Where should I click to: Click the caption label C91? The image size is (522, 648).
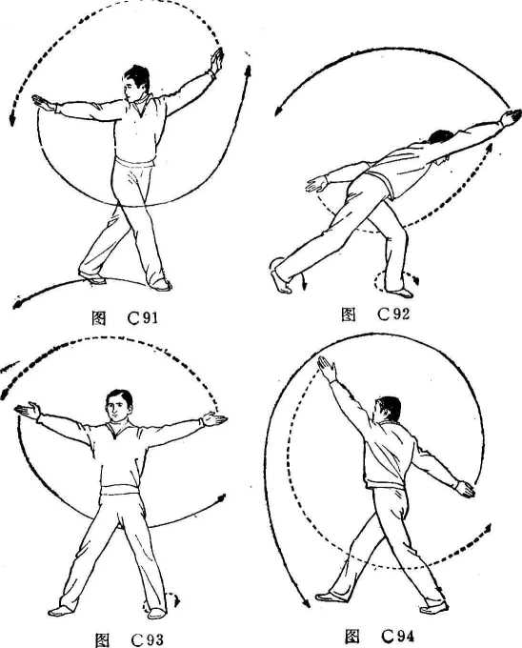[x=143, y=318]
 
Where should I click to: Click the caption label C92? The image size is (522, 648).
[x=393, y=314]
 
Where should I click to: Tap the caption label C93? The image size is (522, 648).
[x=147, y=639]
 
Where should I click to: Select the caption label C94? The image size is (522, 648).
[x=397, y=637]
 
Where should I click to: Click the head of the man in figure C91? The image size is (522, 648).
[x=137, y=84]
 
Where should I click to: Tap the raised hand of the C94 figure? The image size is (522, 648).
[x=327, y=368]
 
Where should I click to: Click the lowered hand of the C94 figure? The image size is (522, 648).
[x=465, y=489]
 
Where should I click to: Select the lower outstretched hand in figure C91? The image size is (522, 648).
[x=45, y=103]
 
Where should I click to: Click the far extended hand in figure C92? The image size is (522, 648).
[x=512, y=117]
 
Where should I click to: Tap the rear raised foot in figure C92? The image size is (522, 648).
[x=281, y=280]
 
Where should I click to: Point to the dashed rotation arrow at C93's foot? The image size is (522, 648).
[x=161, y=601]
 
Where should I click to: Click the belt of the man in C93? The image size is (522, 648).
[x=120, y=490]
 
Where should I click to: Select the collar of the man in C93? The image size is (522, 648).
[x=120, y=429]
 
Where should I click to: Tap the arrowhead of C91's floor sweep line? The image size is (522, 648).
[x=18, y=304]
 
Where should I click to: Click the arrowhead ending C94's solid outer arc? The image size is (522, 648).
[x=306, y=603]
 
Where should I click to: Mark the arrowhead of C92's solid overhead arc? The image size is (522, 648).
[x=279, y=111]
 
